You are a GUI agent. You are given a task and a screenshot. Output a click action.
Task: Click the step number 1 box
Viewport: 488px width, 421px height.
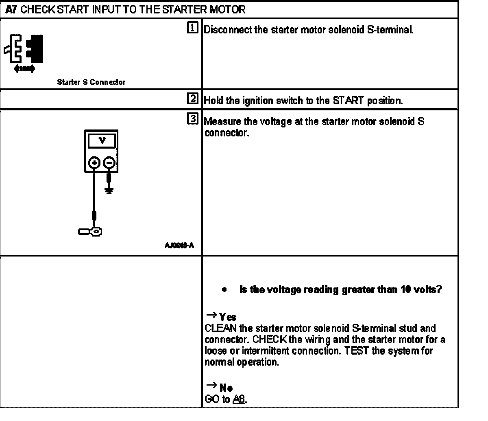tap(193, 28)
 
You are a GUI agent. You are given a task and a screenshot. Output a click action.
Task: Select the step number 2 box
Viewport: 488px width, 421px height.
tap(193, 99)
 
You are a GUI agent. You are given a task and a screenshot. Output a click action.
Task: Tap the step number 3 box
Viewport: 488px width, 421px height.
tap(193, 119)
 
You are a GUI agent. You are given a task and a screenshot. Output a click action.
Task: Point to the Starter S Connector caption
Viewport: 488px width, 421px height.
tap(91, 82)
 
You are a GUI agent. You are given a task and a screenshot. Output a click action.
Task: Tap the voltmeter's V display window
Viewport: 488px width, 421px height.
tap(102, 141)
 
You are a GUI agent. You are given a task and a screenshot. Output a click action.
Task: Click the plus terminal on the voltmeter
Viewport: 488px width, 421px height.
tap(94, 163)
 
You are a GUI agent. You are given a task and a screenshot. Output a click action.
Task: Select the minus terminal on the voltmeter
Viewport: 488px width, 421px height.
tap(109, 163)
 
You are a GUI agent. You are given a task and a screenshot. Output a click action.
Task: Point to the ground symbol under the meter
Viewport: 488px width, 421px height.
tap(109, 189)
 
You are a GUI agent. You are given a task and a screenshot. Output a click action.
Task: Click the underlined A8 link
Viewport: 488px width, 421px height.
tap(239, 399)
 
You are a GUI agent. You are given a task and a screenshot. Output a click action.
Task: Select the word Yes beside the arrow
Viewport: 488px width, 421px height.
tap(228, 317)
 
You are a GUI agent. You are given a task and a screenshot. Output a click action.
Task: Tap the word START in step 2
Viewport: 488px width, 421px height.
tap(347, 101)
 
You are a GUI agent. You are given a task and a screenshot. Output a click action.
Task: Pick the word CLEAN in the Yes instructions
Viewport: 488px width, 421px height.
tap(219, 328)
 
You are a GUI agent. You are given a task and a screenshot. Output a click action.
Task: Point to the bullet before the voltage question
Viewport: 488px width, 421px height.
tap(224, 290)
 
